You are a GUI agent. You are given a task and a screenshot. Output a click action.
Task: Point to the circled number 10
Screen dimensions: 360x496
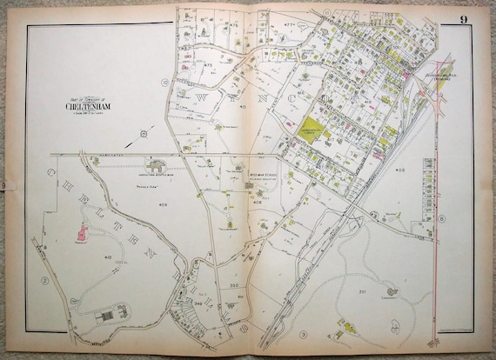164,83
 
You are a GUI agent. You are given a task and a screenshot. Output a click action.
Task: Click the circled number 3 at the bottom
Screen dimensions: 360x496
304,334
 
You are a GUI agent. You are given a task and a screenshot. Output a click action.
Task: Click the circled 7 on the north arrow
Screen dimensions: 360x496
143,134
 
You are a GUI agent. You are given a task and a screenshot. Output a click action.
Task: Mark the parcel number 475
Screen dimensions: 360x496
209,66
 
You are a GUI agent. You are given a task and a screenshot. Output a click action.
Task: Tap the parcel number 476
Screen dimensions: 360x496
233,25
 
